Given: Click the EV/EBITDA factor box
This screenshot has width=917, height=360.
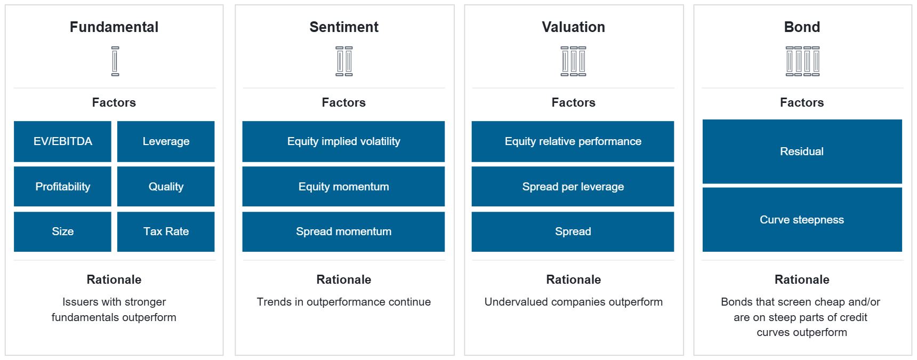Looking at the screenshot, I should (62, 141).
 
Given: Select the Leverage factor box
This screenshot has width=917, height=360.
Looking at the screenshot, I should (166, 141).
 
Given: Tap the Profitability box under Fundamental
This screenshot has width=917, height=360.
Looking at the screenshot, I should (62, 187).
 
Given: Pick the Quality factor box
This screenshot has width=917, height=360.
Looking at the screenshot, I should (166, 187).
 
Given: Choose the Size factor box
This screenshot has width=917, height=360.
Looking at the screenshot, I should (62, 231).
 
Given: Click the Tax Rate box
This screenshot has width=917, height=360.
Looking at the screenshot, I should (166, 231).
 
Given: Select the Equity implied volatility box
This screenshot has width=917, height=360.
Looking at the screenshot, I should (343, 141).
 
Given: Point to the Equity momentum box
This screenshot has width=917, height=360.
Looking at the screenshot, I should (343, 187).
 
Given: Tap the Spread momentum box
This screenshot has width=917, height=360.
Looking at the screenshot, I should (343, 231).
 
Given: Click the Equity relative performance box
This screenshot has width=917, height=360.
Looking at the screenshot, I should (573, 141).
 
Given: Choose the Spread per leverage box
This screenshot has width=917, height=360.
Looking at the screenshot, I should (573, 187).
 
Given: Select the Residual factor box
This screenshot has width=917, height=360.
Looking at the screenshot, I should (802, 151).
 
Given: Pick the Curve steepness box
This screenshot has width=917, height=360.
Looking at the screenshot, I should (802, 220).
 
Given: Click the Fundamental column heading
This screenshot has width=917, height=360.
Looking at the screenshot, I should (114, 27).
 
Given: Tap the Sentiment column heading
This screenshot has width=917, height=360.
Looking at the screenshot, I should (344, 27).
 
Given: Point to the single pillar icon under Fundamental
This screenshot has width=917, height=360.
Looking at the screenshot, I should (115, 61).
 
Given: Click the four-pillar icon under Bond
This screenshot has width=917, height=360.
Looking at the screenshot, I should (802, 61).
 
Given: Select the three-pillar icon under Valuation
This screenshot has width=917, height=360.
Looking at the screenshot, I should (574, 61).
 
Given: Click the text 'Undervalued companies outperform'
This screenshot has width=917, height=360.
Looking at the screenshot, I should (574, 302).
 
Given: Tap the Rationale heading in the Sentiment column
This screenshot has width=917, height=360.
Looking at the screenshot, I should (344, 279).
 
